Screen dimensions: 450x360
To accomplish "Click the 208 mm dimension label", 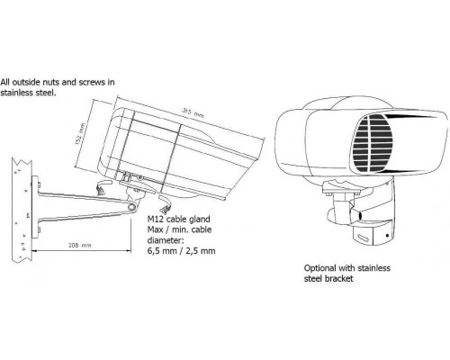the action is point(79,245).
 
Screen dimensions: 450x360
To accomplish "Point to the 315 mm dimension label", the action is point(193,112).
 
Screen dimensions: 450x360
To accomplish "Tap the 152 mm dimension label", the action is point(80,134).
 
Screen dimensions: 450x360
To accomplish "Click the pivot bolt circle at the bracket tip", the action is point(131,206).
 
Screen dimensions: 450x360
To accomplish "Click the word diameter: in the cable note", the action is point(165,240).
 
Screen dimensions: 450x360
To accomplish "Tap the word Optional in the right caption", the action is point(320,268).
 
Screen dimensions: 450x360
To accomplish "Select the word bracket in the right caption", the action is point(342,278).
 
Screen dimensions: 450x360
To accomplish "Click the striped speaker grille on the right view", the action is point(373,144).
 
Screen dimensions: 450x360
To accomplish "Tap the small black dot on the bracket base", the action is point(388,236).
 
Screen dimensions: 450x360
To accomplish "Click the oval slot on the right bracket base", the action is point(364,238).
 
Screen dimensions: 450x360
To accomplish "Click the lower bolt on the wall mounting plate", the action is point(40,230).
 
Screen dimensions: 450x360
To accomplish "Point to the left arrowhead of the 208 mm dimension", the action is point(33,250).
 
